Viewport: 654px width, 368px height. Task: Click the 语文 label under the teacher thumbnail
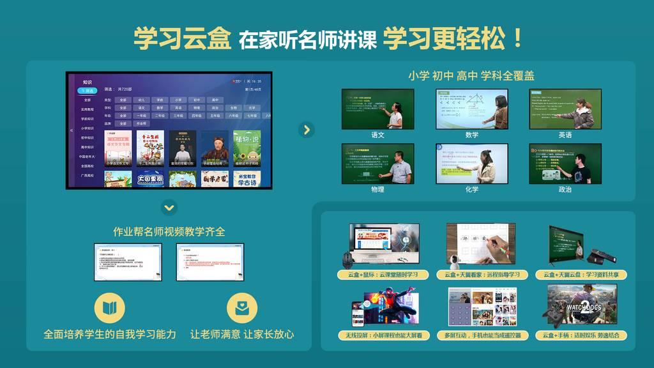coord(377,135)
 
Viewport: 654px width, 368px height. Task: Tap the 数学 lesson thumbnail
coord(471,109)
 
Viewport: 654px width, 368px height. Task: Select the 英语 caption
coord(565,135)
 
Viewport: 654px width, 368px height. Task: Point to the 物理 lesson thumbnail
coord(377,164)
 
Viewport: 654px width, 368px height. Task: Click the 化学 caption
coord(471,189)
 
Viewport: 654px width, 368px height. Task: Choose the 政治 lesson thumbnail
coord(565,164)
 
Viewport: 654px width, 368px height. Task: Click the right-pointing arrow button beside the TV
coord(307,130)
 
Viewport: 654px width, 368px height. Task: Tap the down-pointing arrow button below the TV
coord(169,207)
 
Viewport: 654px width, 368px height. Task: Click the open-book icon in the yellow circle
coord(110,308)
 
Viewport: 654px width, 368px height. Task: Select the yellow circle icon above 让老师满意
coord(242,308)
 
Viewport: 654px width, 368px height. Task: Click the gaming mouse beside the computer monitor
coord(347,259)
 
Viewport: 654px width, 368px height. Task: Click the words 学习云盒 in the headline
coord(182,39)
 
